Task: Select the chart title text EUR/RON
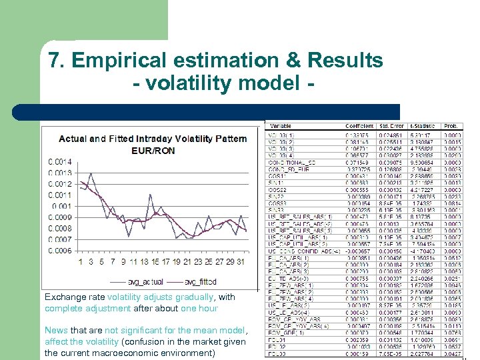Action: pyautogui.click(x=153, y=151)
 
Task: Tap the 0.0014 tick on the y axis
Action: pyautogui.click(x=59, y=162)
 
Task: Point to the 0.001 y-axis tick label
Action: pyautogui.click(x=61, y=206)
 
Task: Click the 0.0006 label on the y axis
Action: pyautogui.click(x=59, y=251)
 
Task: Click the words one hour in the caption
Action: pyautogui.click(x=198, y=309)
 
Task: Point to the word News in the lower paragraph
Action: pyautogui.click(x=55, y=330)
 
